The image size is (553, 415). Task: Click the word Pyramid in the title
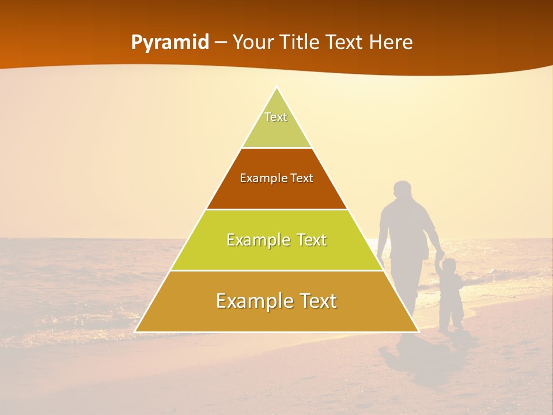[x=169, y=43]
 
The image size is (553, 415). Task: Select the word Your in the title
[x=255, y=42]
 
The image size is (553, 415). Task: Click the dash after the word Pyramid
[x=221, y=43]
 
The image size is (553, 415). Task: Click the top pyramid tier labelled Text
[x=276, y=124]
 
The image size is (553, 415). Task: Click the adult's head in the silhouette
[x=402, y=191]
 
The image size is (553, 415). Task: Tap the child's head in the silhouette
[x=449, y=266]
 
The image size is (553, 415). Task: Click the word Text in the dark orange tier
[x=301, y=178]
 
